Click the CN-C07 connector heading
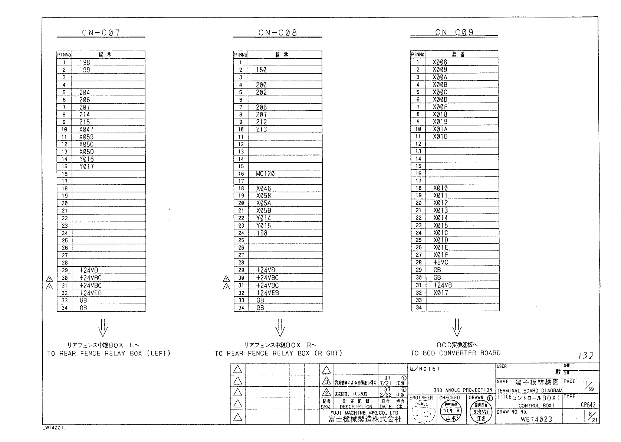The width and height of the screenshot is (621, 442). click(101, 33)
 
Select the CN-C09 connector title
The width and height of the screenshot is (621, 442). click(454, 33)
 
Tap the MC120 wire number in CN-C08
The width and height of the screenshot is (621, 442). click(265, 174)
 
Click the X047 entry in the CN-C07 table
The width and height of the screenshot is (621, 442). click(86, 130)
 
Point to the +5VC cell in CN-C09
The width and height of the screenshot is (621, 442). click(441, 263)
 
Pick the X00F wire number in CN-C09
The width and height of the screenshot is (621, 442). click(440, 107)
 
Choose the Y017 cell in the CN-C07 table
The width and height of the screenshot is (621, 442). click(86, 167)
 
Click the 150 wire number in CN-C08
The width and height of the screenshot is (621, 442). click(261, 70)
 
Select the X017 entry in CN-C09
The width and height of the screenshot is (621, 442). click(441, 293)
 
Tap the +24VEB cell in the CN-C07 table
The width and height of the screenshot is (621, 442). click(91, 293)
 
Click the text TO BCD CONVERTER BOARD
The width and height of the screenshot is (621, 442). click(455, 353)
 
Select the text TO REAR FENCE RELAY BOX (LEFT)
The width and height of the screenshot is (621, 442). click(109, 354)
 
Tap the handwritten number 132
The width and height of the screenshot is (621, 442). click(586, 356)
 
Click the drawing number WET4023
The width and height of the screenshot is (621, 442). click(536, 419)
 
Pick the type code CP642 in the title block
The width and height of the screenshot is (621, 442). click(588, 405)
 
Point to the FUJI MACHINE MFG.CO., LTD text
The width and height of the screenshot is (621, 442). click(364, 413)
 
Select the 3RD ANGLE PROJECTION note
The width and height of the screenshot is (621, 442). click(463, 390)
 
